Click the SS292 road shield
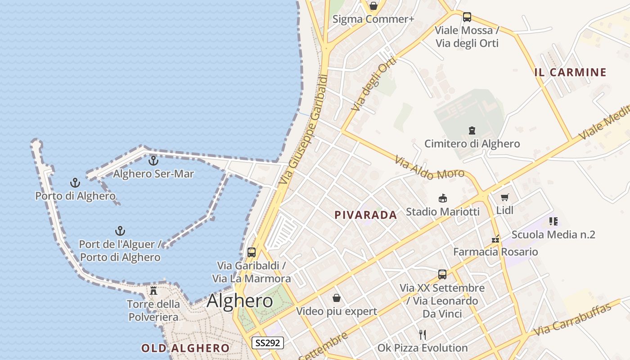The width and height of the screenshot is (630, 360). pyautogui.click(x=267, y=343)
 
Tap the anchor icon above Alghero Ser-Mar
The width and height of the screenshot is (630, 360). pyautogui.click(x=153, y=160)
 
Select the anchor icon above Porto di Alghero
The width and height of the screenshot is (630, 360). pyautogui.click(x=75, y=183)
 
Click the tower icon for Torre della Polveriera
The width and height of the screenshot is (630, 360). pyautogui.click(x=153, y=291)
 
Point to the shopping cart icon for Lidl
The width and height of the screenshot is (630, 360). pyautogui.click(x=504, y=198)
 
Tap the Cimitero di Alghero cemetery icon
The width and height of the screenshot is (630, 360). pyautogui.click(x=472, y=130)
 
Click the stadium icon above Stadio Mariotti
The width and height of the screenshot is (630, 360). pyautogui.click(x=442, y=198)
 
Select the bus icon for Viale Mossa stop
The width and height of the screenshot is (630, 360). pyautogui.click(x=467, y=17)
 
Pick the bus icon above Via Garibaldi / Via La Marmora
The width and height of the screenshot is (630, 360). pyautogui.click(x=252, y=252)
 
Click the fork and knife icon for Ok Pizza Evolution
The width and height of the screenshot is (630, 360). pyautogui.click(x=423, y=334)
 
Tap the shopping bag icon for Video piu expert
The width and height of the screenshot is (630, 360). pyautogui.click(x=336, y=298)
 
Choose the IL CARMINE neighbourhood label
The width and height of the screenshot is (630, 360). pyautogui.click(x=571, y=72)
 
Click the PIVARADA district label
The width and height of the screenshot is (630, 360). pyautogui.click(x=366, y=215)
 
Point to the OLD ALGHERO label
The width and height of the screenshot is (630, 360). pyautogui.click(x=185, y=348)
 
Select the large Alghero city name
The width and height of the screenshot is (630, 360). pyautogui.click(x=240, y=301)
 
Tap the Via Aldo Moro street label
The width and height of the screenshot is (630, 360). pyautogui.click(x=429, y=168)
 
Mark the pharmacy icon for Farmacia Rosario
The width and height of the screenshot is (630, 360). pyautogui.click(x=495, y=239)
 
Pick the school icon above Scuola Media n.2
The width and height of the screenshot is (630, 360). pyautogui.click(x=553, y=221)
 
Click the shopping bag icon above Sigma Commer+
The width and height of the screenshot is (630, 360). pyautogui.click(x=373, y=6)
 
